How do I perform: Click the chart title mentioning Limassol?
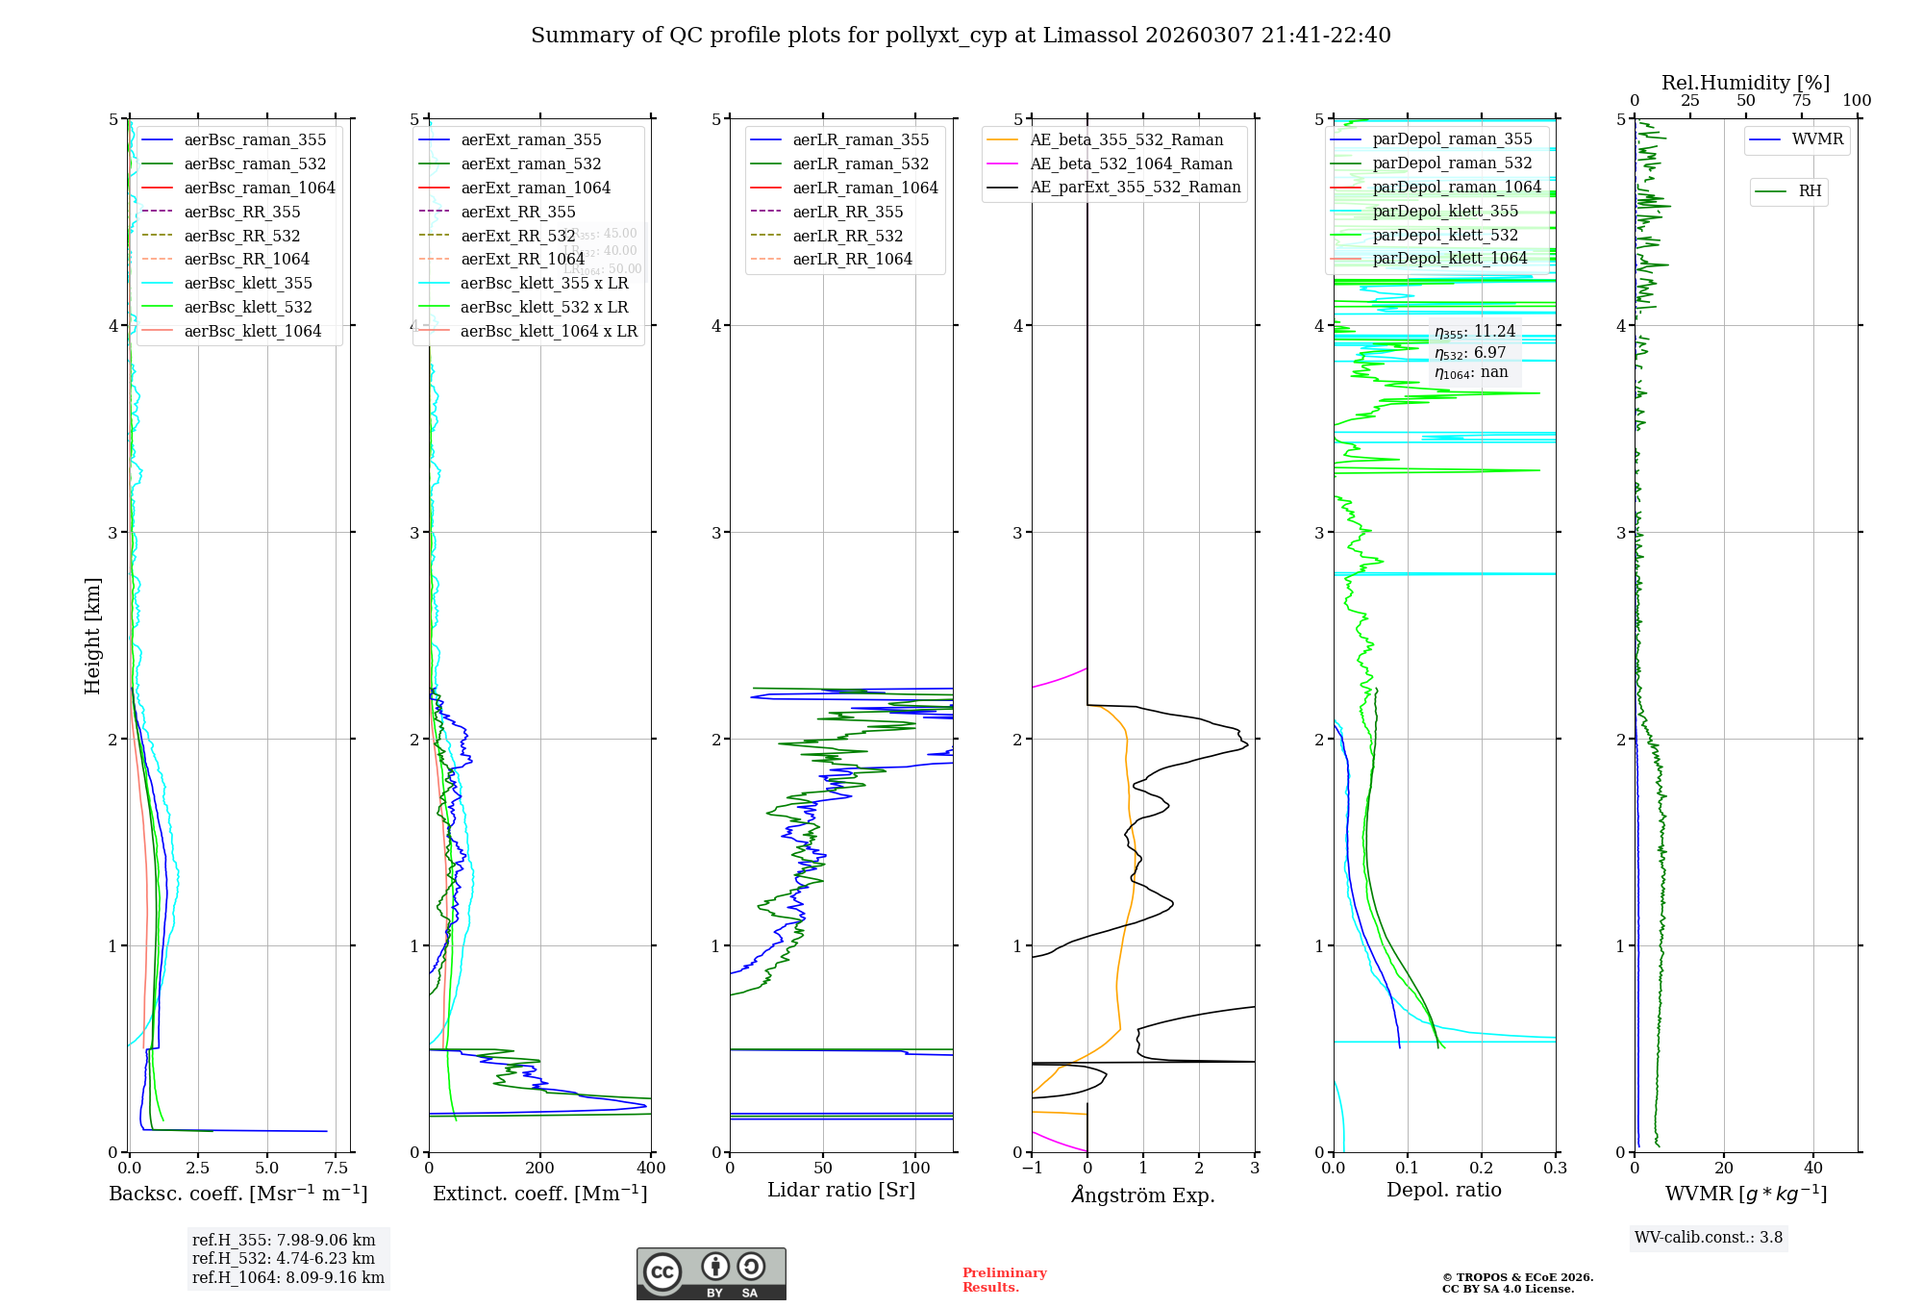(961, 36)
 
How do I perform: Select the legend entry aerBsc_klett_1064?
(252, 331)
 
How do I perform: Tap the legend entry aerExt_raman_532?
(531, 163)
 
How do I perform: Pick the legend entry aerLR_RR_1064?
(852, 259)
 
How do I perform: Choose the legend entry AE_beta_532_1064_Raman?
(1131, 163)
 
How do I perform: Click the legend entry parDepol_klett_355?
(1445, 211)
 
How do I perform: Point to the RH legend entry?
(1810, 191)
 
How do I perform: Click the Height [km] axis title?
(92, 635)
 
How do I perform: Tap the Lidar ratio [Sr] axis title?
(841, 1190)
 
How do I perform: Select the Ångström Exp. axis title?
(1143, 1195)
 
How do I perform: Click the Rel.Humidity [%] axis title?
(1745, 83)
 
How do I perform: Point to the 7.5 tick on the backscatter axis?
(336, 1168)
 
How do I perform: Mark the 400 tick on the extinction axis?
(651, 1168)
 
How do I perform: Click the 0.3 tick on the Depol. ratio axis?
(1555, 1168)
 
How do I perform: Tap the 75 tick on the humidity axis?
(1801, 101)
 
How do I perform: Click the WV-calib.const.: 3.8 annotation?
(1709, 1238)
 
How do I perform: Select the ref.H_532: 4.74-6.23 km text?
(284, 1258)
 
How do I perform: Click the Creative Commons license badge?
(711, 1273)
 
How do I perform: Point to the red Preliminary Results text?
(1004, 1280)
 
